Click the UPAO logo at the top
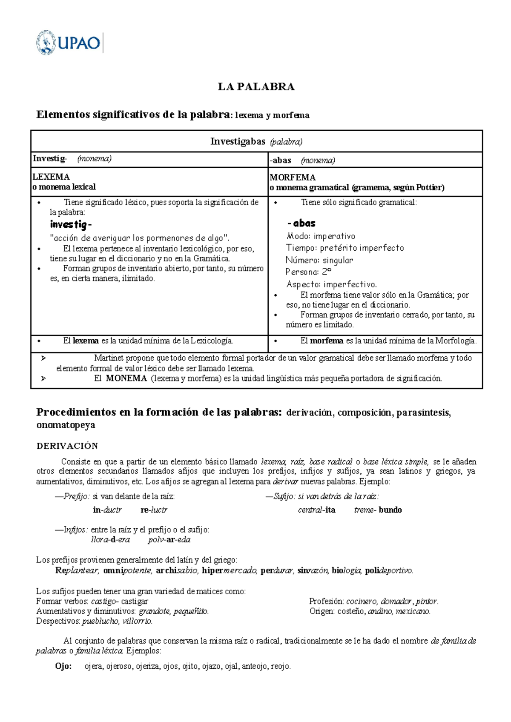pyautogui.click(x=69, y=43)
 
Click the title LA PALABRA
pyautogui.click(x=256, y=87)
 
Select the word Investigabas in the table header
pyautogui.click(x=238, y=142)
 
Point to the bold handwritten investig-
pyautogui.click(x=70, y=224)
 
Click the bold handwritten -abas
pyautogui.click(x=301, y=223)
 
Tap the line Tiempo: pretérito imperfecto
pyautogui.click(x=344, y=248)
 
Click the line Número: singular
pyautogui.click(x=319, y=260)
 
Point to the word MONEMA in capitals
pyautogui.click(x=126, y=378)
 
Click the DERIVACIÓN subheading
pyautogui.click(x=67, y=446)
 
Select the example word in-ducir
pyautogui.click(x=107, y=510)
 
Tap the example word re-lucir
pyautogui.click(x=154, y=510)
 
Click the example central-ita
pyautogui.click(x=316, y=510)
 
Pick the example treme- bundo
pyautogui.click(x=378, y=510)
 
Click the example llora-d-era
pyautogui.click(x=110, y=540)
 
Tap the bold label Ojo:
pyautogui.click(x=63, y=666)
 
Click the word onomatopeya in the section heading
pyautogui.click(x=66, y=425)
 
